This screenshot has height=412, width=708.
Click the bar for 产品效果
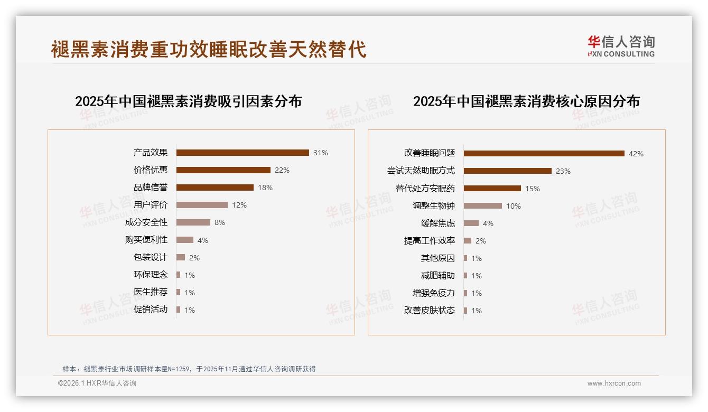tap(243, 153)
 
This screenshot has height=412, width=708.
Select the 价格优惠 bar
tap(223, 170)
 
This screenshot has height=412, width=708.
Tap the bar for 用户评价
tap(202, 205)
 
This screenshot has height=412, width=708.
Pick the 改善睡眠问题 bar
tap(544, 154)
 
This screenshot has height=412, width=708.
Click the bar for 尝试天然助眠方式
tap(507, 171)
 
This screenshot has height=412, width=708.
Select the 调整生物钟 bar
tap(482, 206)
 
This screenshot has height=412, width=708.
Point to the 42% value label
tap(636, 154)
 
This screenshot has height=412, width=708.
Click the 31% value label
tap(320, 153)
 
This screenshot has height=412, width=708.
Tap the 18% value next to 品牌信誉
tap(265, 188)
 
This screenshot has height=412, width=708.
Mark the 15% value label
tap(532, 189)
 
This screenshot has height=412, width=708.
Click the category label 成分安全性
tap(146, 222)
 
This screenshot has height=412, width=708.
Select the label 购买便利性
tap(146, 240)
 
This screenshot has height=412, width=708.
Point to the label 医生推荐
tap(151, 292)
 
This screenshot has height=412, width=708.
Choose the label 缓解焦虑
tap(438, 223)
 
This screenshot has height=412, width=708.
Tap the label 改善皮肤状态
tap(430, 311)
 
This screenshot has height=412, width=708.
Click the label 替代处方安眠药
tap(425, 189)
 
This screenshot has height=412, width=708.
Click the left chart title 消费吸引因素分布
tap(188, 101)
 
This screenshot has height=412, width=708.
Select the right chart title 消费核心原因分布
tap(526, 101)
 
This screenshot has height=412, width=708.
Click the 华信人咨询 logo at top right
tap(621, 46)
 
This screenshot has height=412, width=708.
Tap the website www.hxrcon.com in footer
tap(614, 383)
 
